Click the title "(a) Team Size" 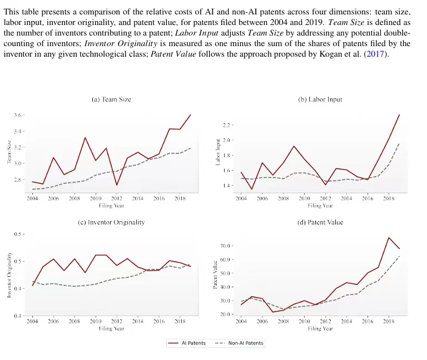111,99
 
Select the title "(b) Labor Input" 320,99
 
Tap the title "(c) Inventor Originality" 111,222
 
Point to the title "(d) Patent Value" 320,222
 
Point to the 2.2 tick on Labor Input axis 227,125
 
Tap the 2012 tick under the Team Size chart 116,198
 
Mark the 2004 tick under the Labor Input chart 241,198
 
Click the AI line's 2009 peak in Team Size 85,138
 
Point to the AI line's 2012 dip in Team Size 117,185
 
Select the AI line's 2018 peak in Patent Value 389,238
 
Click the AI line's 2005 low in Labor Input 252,189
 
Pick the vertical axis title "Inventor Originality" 9,275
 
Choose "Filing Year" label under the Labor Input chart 320,206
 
